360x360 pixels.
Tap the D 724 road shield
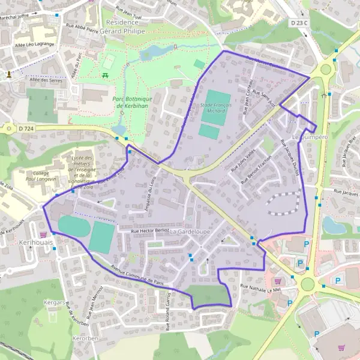[x=24, y=128]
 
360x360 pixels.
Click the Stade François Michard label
[x=212, y=107]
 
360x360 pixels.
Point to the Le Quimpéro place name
[x=311, y=137]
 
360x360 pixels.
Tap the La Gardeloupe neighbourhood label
[x=190, y=231]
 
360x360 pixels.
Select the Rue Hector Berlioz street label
[x=150, y=230]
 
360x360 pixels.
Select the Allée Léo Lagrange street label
[x=35, y=44]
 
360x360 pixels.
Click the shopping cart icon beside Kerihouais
[x=43, y=234]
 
